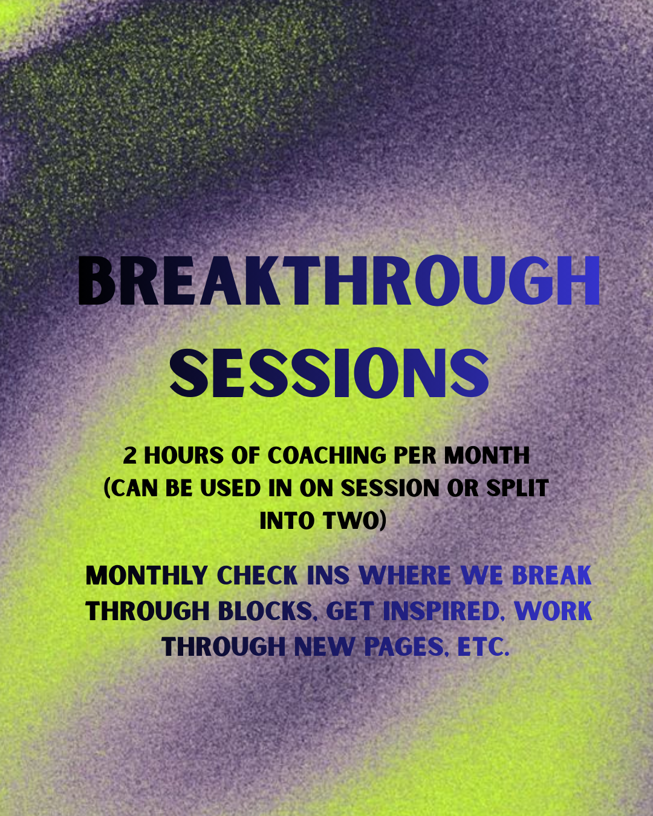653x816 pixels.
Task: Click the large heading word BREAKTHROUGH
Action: (339, 281)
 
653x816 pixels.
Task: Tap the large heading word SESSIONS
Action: (329, 374)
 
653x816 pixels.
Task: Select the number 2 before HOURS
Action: (129, 456)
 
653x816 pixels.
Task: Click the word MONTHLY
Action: (147, 576)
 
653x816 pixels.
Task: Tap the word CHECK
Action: (257, 576)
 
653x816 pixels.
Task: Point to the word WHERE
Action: (404, 576)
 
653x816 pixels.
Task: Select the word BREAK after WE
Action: (551, 576)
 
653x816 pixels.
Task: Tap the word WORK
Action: (553, 612)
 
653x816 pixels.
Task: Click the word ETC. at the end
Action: (483, 647)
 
